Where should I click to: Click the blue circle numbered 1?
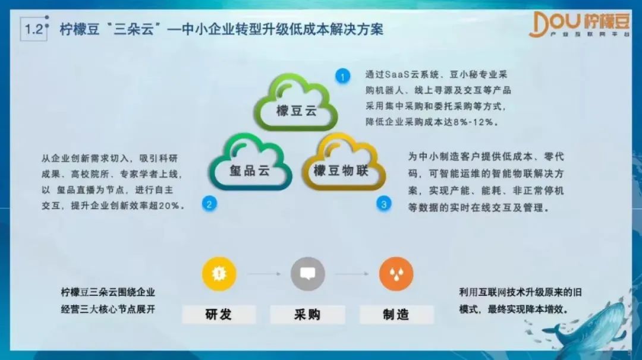(x=343, y=76)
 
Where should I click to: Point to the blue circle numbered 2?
(x=209, y=204)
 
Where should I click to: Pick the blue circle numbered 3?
(x=383, y=204)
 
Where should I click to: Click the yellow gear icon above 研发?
(x=219, y=274)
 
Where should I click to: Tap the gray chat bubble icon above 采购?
(x=308, y=274)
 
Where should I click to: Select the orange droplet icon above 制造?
(x=396, y=274)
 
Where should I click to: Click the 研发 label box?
(x=219, y=314)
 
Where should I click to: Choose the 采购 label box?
(x=307, y=314)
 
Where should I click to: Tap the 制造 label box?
(x=396, y=314)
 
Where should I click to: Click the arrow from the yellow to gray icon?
(x=264, y=274)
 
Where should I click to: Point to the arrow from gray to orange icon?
(x=352, y=274)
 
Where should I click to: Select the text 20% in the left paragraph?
(x=169, y=206)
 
